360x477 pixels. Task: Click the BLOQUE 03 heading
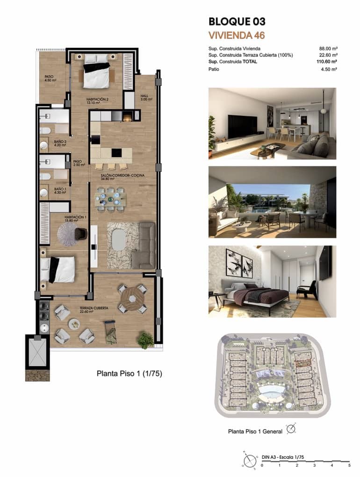coord(237,21)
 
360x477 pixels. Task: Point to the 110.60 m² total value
coord(327,61)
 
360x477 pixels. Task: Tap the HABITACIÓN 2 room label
coord(97,100)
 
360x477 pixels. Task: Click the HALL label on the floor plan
coord(144,96)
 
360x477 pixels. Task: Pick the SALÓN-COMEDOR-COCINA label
coord(122,175)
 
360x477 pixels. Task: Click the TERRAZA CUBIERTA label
coord(94,308)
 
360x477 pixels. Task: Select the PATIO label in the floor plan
coord(49,77)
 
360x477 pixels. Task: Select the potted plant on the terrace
coord(145,339)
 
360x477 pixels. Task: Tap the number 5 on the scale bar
coord(349,465)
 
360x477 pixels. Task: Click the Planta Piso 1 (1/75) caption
coord(129,373)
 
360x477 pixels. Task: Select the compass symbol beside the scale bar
coord(250,461)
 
